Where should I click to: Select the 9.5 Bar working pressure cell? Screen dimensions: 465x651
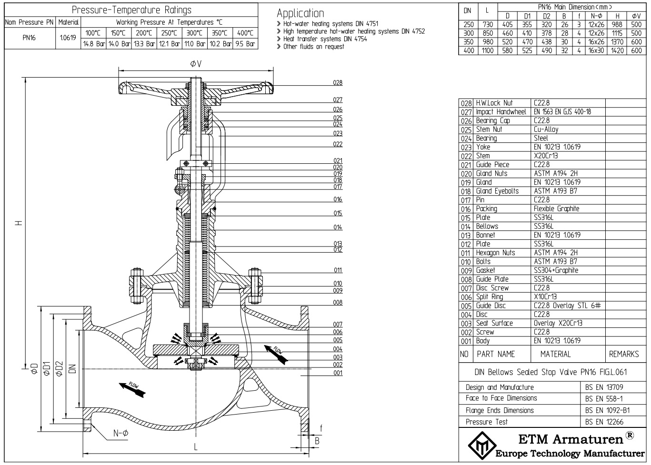[x=246, y=44]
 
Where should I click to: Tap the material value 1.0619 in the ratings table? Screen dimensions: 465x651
[x=68, y=38]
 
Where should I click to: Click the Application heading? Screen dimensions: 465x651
[x=300, y=13]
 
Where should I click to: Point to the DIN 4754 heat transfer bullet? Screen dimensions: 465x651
[x=325, y=39]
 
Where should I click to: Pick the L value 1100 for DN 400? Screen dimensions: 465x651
[x=487, y=50]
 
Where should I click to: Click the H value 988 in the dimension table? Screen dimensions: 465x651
[x=617, y=25]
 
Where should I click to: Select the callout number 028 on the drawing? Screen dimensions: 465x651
[x=337, y=83]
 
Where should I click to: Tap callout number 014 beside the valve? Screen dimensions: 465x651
[x=337, y=228]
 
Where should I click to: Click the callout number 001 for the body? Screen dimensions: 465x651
[x=337, y=373]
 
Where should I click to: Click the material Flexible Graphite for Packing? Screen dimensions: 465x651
[x=556, y=209]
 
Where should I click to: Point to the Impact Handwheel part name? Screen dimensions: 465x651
[x=501, y=112]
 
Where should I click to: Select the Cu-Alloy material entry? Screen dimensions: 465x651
[x=546, y=129]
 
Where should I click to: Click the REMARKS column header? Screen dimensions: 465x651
[x=623, y=354]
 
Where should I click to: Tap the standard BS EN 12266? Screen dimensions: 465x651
[x=604, y=422]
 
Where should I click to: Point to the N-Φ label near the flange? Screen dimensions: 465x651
[x=121, y=433]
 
